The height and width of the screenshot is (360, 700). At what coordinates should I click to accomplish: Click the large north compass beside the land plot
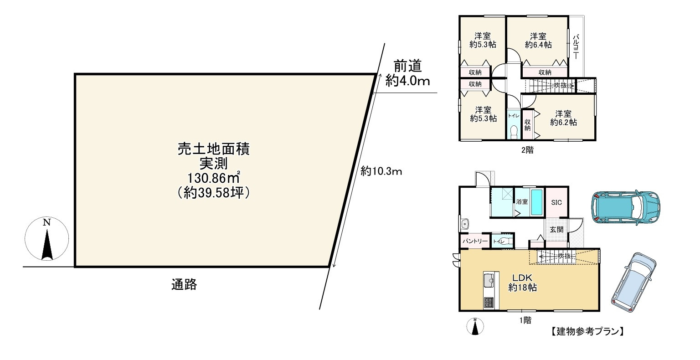46,239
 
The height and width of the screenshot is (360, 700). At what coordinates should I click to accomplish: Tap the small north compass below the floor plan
475,326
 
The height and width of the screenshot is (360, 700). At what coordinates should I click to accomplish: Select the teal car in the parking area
626,207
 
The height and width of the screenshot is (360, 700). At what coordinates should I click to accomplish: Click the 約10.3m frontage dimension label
381,171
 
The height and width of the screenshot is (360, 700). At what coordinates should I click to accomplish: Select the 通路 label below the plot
184,285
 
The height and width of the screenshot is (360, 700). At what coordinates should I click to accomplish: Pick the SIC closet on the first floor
556,202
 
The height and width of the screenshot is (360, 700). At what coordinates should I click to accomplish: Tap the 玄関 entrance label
556,229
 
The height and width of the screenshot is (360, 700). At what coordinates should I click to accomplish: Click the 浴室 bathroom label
522,201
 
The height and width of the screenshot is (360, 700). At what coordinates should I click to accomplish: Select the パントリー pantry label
475,241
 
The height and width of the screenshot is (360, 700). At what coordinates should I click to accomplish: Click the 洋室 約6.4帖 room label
538,40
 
